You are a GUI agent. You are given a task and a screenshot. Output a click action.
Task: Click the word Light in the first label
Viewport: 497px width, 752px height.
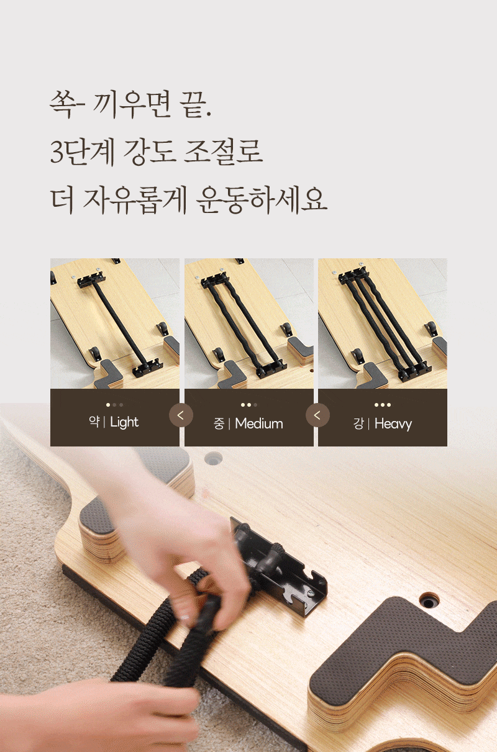[x=124, y=422]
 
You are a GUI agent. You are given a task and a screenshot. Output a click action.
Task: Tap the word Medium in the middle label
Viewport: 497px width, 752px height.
[x=259, y=424]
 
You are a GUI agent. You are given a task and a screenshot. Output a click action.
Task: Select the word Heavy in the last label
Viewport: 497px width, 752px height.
[x=393, y=424]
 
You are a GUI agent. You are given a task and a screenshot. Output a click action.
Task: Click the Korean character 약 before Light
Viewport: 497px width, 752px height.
[x=94, y=422]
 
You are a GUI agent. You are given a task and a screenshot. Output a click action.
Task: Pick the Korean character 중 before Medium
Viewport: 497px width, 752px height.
[x=219, y=424]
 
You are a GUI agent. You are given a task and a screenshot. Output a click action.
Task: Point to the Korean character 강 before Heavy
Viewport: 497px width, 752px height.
[x=358, y=424]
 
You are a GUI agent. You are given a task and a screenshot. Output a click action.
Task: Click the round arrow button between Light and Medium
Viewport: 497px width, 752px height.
[x=181, y=415]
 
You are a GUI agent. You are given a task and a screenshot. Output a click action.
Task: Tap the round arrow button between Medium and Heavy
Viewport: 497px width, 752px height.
[x=317, y=415]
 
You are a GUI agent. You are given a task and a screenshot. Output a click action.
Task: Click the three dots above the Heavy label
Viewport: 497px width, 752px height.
[x=383, y=405]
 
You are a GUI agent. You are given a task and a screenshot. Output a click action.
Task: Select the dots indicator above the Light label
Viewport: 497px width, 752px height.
[x=114, y=405]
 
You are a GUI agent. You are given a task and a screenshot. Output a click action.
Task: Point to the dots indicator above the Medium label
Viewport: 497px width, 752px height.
[x=249, y=405]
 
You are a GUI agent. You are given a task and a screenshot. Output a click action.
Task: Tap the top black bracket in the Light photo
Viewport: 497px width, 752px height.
[x=91, y=280]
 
